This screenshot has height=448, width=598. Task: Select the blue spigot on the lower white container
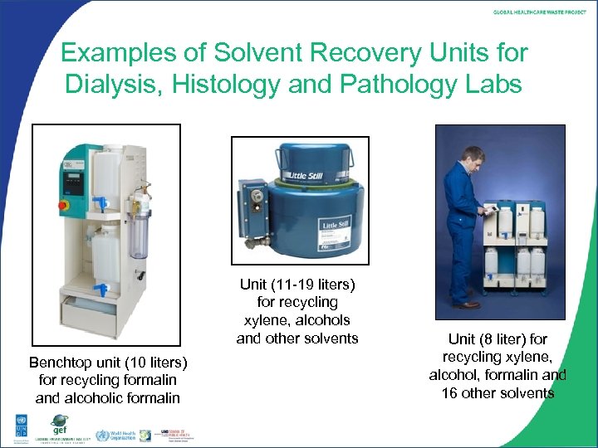coord(101,290)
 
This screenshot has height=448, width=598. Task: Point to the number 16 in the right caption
coord(450,392)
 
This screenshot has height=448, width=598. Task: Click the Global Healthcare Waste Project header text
coord(540,12)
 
